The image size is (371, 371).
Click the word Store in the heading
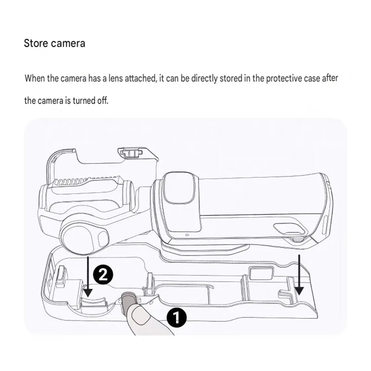click(36, 43)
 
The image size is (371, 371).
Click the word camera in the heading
click(68, 44)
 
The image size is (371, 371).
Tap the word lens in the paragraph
click(115, 78)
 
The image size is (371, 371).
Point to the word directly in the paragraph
click(204, 78)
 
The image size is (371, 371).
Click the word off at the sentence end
click(103, 101)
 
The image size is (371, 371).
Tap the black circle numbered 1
click(177, 317)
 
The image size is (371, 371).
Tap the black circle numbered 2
click(103, 275)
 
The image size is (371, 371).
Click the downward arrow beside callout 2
click(88, 276)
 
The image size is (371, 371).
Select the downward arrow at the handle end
click(299, 275)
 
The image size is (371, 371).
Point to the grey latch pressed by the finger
click(128, 299)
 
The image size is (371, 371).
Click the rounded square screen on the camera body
click(182, 188)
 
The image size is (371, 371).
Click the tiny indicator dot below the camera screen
click(187, 235)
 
